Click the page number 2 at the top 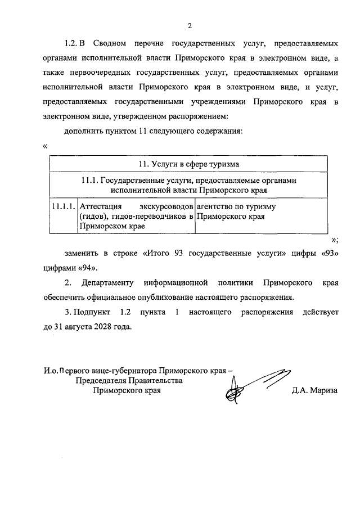coord(190,25)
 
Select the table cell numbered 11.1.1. coord(61,206)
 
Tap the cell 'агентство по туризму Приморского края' coord(235,211)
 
